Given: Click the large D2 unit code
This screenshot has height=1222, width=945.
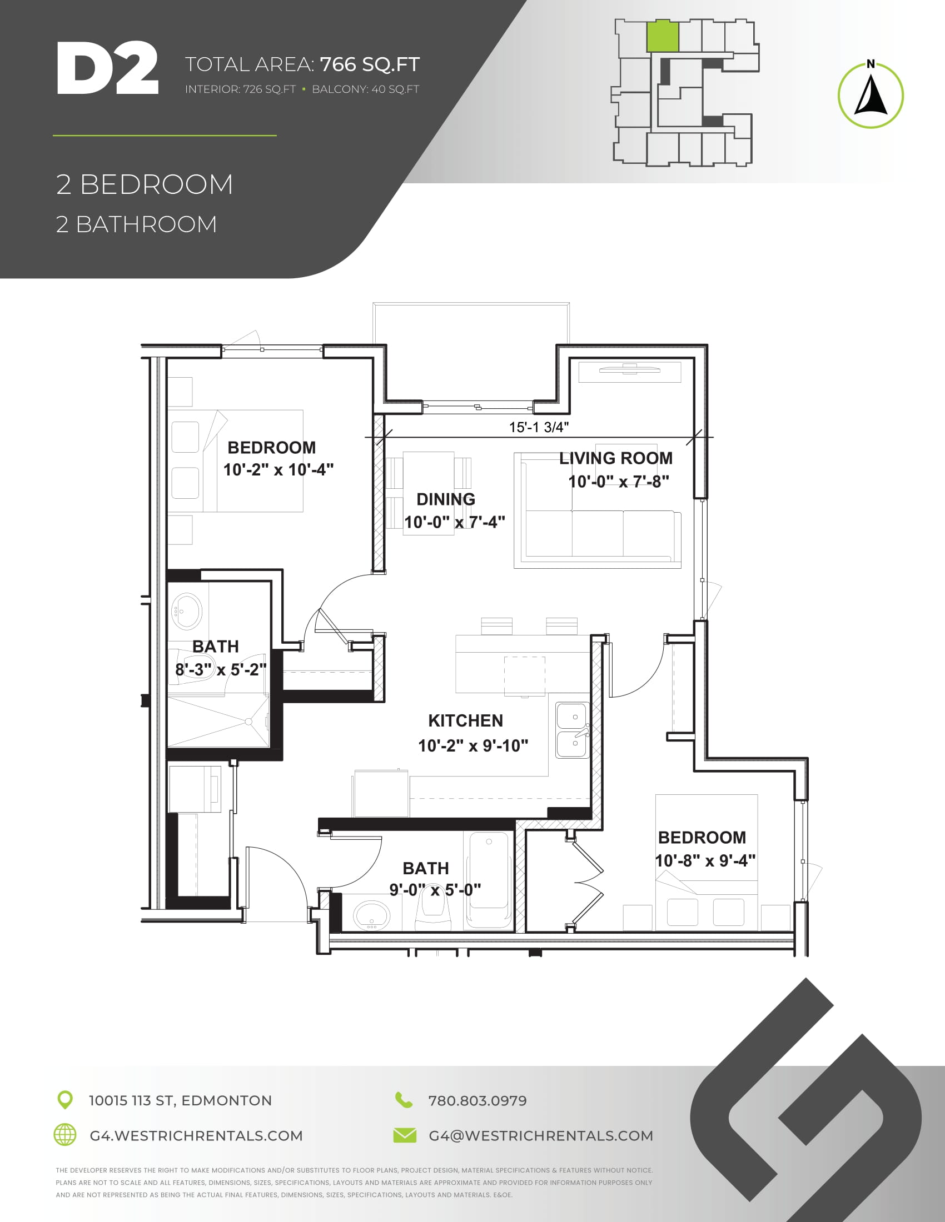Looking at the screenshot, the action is pyautogui.click(x=107, y=68).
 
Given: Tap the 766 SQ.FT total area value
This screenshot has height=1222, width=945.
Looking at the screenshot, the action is pyautogui.click(x=370, y=64).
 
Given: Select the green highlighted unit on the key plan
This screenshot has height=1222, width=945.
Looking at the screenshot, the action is pyautogui.click(x=663, y=36).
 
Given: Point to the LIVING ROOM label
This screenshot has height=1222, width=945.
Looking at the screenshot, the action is pyautogui.click(x=616, y=458).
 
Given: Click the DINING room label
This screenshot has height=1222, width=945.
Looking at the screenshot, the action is pyautogui.click(x=446, y=499).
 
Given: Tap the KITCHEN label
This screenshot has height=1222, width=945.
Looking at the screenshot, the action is pyautogui.click(x=466, y=720).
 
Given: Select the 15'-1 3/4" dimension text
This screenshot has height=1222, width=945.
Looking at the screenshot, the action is pyautogui.click(x=539, y=427).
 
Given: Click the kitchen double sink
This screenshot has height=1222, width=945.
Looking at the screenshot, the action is pyautogui.click(x=572, y=731).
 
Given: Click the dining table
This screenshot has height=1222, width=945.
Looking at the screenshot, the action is pyautogui.click(x=428, y=493).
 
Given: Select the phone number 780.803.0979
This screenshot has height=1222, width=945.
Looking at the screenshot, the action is pyautogui.click(x=478, y=1100).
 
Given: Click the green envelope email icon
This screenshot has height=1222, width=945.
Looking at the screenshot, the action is pyautogui.click(x=405, y=1135).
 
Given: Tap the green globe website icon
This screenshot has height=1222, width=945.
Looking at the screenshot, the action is pyautogui.click(x=65, y=1135).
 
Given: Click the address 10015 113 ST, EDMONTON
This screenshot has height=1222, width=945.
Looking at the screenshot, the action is pyautogui.click(x=180, y=1100).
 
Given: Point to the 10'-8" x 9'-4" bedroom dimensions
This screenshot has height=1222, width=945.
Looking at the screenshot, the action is pyautogui.click(x=705, y=860).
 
